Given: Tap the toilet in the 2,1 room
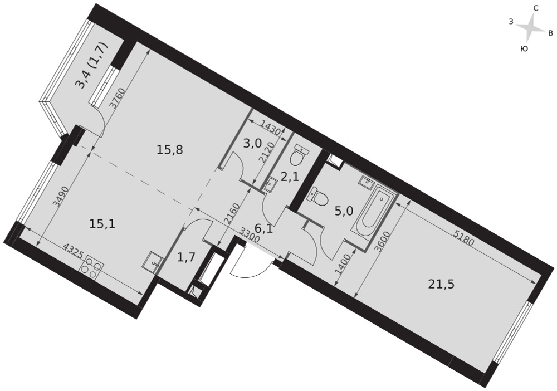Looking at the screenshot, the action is tap(298, 156).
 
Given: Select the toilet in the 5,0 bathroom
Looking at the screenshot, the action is tap(319, 197).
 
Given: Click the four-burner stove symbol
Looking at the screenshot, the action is tap(91, 266).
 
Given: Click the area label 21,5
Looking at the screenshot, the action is tap(441, 284).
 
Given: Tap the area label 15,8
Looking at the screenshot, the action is tap(170, 150).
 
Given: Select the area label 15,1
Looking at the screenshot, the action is tap(102, 224).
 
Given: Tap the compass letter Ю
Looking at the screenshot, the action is tap(523, 49).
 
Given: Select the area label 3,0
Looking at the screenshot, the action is tap(252, 144).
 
